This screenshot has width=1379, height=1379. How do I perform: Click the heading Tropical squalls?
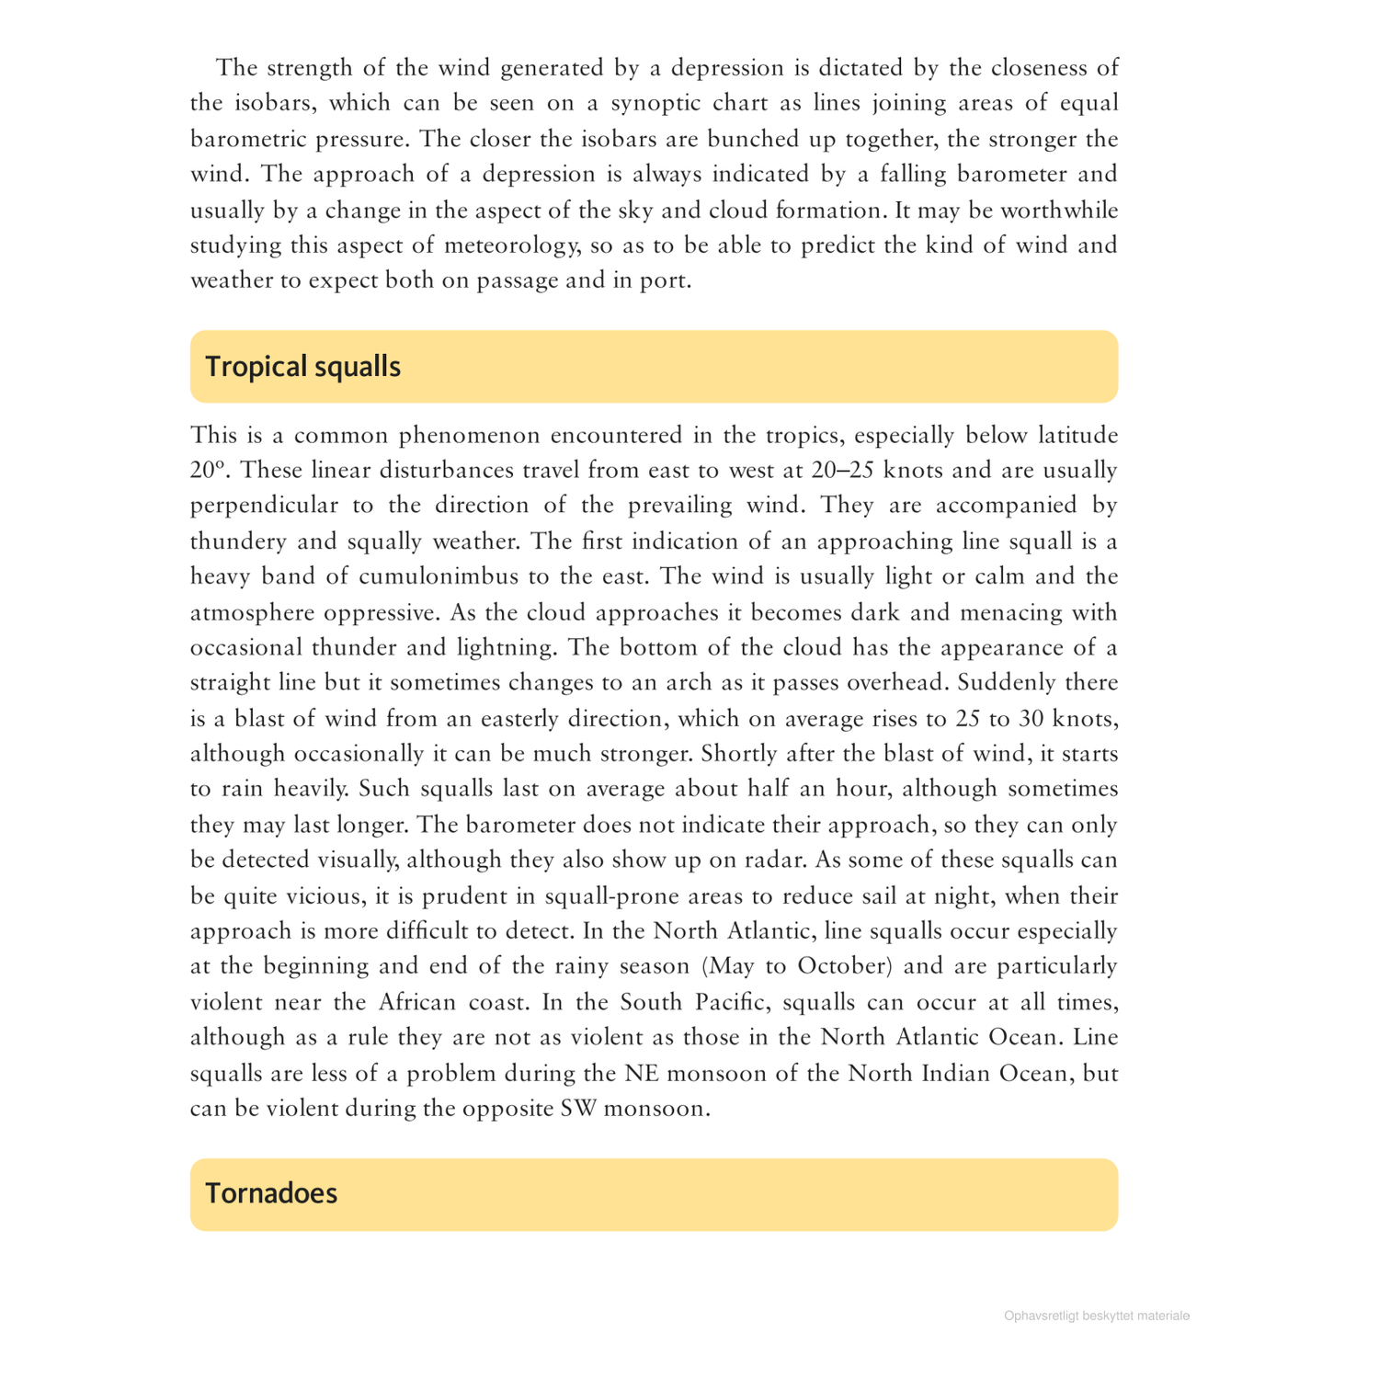302,367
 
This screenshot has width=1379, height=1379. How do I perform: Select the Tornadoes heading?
271,1193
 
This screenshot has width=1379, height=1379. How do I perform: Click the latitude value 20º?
208,471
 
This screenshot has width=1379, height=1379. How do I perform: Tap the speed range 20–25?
843,471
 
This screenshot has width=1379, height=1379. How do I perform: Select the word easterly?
505,718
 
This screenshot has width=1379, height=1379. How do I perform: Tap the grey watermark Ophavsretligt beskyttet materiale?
1097,1316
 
